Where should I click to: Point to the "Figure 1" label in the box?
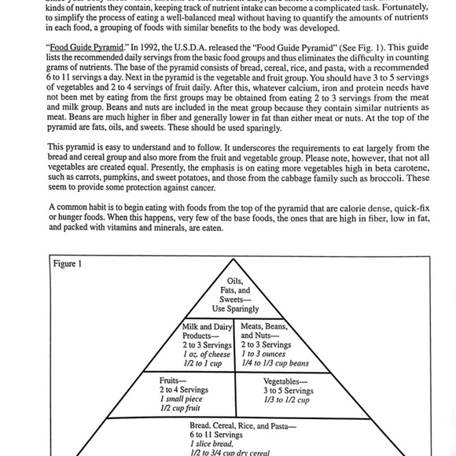point(67,263)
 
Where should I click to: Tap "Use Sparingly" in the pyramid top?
point(235,309)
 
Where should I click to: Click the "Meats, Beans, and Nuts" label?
point(265,331)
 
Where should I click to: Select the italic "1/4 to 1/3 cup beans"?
point(274,364)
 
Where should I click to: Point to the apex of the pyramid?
point(234,259)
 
